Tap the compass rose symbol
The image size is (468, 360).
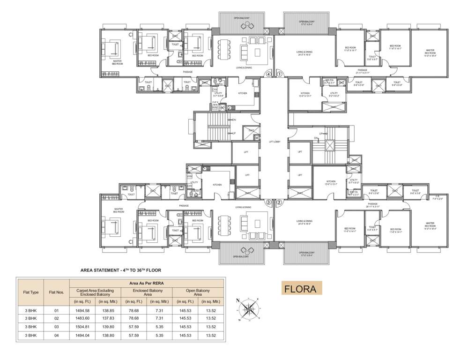click(x=248, y=308)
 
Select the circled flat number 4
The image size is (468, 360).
click(x=268, y=74)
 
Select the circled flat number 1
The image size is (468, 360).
click(x=279, y=74)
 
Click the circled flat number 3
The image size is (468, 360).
click(x=268, y=202)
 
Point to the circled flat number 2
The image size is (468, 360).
click(x=279, y=202)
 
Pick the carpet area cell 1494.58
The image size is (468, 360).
click(x=83, y=311)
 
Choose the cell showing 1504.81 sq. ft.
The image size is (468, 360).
click(x=83, y=327)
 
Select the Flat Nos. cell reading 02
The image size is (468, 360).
click(x=56, y=319)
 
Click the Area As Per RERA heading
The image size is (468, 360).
click(x=147, y=283)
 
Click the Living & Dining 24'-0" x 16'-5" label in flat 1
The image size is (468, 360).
click(x=305, y=53)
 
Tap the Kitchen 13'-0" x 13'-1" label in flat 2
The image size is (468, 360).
click(x=331, y=182)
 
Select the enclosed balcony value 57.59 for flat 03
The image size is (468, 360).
click(x=133, y=327)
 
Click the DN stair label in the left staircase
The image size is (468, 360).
click(x=234, y=120)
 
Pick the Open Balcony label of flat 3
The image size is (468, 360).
click(x=242, y=256)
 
